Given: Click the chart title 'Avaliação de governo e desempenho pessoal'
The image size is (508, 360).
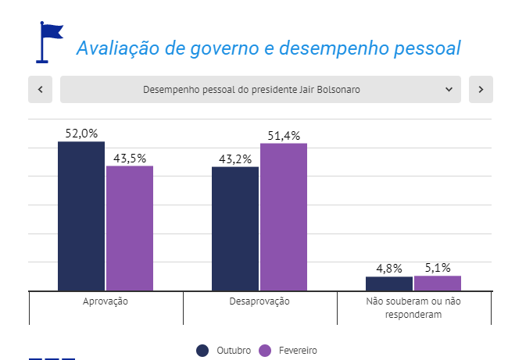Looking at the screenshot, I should coord(268,48).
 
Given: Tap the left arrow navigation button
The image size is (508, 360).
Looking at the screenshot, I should coord(40,90).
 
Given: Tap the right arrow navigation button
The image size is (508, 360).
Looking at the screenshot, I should coord(481,90).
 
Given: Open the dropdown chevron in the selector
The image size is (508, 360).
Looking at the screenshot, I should coord(449,90).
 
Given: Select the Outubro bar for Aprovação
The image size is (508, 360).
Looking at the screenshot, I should coord(81,216).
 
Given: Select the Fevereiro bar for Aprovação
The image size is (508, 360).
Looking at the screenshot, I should coord(130,228).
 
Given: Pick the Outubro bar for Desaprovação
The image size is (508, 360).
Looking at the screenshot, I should coord(235,228).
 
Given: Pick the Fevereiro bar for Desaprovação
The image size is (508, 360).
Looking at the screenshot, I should coord(284,216).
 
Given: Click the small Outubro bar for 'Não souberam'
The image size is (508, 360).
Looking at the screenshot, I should coord(389,283).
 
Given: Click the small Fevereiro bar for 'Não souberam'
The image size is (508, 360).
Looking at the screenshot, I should coord(438,283).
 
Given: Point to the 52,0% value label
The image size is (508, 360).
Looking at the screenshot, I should coord(81,134).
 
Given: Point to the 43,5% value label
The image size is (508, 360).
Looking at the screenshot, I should coord(130,158).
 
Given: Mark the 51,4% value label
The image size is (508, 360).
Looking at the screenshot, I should coord(284,135).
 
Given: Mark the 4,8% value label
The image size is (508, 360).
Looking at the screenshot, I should coord(389,269).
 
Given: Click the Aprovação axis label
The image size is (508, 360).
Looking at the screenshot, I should coord(106,301).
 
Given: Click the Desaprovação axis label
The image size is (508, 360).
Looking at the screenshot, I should coord(259,301).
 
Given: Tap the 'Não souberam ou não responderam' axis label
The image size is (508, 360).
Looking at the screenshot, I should coord(414,308).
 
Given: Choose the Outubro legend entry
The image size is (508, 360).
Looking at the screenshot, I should coord(225,351).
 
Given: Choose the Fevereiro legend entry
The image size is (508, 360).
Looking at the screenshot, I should coord(288,351).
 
